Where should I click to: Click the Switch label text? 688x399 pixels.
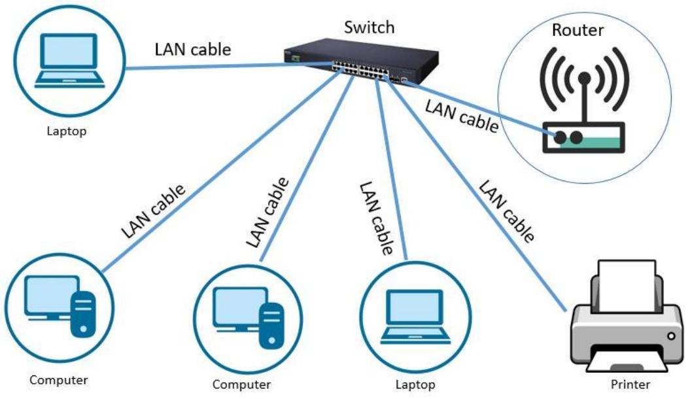(369, 27)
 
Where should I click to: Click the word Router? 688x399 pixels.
(577, 30)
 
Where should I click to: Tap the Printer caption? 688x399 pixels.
(630, 385)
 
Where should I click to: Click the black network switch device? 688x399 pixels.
(360, 61)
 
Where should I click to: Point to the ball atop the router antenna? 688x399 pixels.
(584, 78)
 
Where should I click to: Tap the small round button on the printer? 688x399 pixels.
(671, 336)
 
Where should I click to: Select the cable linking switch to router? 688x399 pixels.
(474, 106)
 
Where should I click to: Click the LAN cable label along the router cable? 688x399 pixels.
(462, 116)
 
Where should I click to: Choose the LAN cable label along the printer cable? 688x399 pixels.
(506, 211)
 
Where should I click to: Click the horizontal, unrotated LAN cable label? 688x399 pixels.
(193, 49)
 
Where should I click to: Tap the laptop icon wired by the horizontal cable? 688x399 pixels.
(69, 61)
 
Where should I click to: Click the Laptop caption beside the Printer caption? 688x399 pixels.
(415, 385)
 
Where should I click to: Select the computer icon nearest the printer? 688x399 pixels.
(248, 318)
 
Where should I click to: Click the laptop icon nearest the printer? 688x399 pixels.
(415, 317)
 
